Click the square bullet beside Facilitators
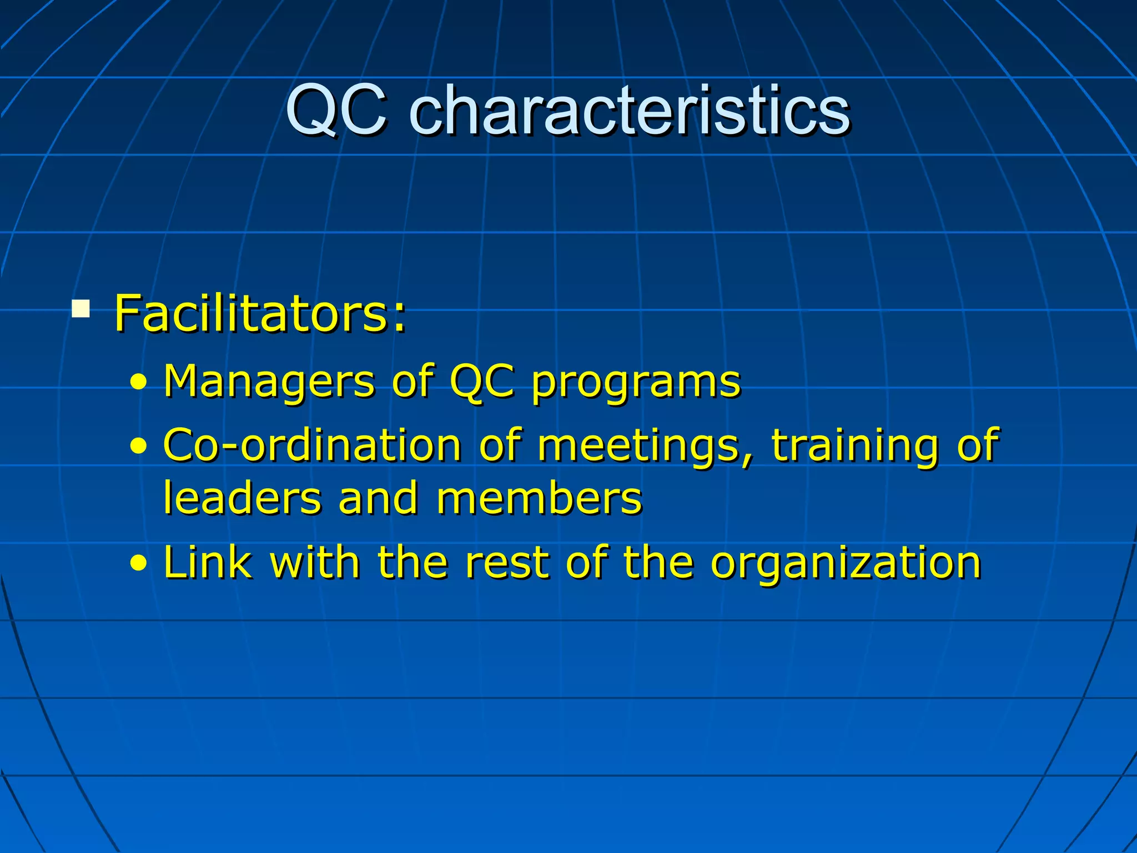pos(81,308)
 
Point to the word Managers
pos(269,382)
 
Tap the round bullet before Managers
pos(139,383)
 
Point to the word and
pos(378,498)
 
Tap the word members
pos(539,498)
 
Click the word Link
pos(207,562)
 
